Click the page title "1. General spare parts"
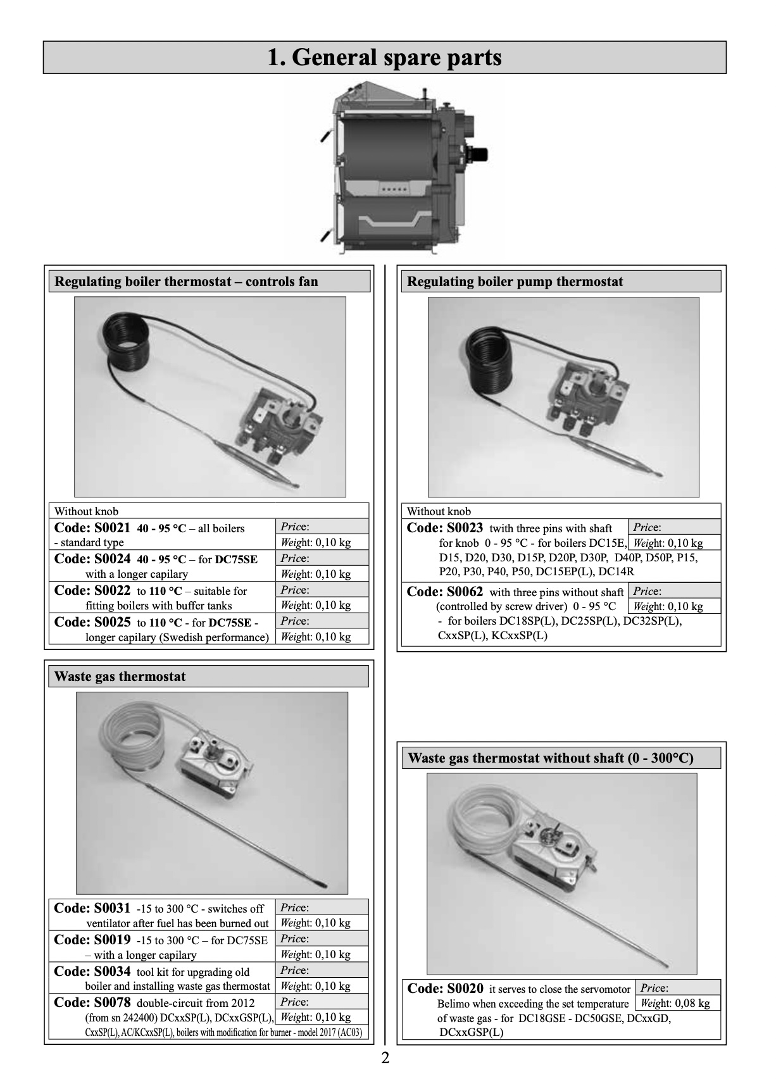[384, 58]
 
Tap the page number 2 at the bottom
[385, 1058]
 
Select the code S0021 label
[92, 528]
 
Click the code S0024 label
[92, 559]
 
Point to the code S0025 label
[92, 622]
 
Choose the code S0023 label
[444, 528]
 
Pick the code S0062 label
[444, 592]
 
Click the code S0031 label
[92, 908]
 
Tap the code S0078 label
[92, 1002]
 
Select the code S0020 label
[445, 989]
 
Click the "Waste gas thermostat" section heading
[120, 677]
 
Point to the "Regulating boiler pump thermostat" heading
[515, 282]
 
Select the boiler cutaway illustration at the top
[405, 168]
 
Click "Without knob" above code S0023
[439, 511]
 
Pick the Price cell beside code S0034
[322, 970]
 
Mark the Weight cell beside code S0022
[322, 606]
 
